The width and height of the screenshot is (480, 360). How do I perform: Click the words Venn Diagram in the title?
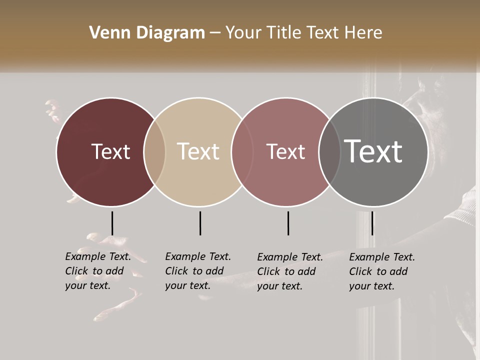point(147,33)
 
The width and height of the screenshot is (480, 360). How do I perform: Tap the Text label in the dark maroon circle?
point(110,151)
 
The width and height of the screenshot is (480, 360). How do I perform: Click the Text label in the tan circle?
point(198,151)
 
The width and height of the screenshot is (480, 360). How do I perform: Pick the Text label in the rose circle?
point(285,151)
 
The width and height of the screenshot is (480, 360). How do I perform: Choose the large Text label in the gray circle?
point(373,151)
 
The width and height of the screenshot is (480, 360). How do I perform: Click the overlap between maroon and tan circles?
point(154,152)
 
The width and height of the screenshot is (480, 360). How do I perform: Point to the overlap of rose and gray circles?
point(329,152)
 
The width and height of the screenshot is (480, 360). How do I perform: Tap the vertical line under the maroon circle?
point(112,223)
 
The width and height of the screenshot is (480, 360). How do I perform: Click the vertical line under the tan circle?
point(200,223)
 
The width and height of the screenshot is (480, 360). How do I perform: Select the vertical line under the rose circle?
point(288,223)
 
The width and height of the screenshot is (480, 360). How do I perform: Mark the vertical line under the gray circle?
point(372,223)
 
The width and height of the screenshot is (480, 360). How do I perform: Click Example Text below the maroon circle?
point(98,256)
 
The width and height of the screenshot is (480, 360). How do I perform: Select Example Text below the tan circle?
point(198,256)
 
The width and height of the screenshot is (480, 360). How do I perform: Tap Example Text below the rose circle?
point(290,257)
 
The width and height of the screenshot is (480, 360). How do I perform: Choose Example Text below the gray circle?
point(382,257)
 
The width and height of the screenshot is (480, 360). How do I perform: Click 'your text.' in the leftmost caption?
point(87,286)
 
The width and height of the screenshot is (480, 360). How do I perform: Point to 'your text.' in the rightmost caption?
point(371,286)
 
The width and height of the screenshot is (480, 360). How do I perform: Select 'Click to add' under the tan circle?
point(194,271)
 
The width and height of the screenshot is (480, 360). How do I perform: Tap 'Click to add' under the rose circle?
point(286,271)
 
